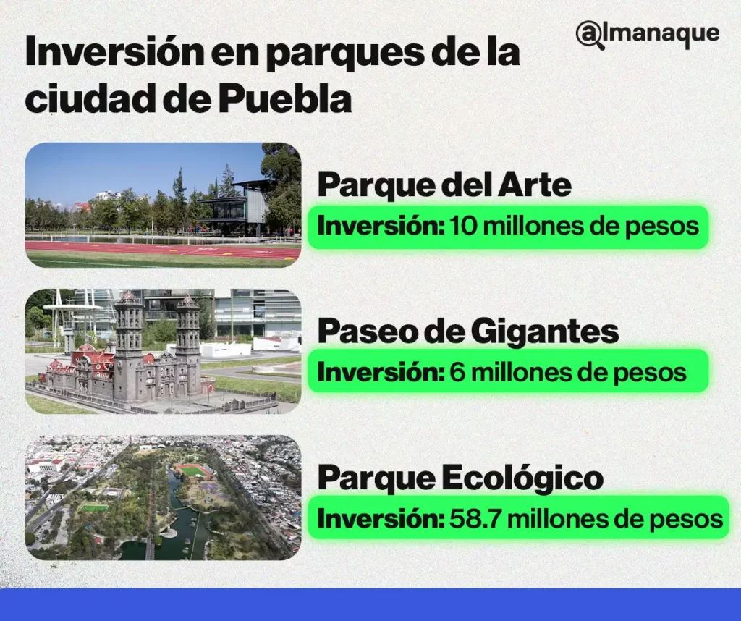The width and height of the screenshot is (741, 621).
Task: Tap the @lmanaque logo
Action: [x=648, y=34]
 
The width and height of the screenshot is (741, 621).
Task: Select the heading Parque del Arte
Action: [x=444, y=185]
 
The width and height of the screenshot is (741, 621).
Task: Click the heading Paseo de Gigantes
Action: [x=468, y=331]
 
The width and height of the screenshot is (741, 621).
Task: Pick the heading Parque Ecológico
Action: [x=460, y=478]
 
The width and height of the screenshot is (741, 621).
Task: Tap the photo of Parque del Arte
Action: [x=163, y=205]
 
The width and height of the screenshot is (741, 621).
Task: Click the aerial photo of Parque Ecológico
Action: [x=163, y=498]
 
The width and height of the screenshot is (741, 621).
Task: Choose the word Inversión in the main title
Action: [x=109, y=54]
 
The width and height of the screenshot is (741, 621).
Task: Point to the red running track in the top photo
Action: [x=145, y=248]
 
